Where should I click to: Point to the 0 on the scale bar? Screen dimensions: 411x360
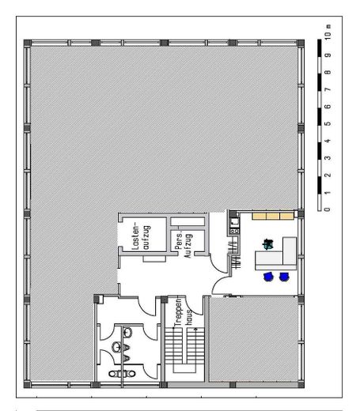(x=326, y=209)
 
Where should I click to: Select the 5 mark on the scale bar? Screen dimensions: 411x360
(x=326, y=123)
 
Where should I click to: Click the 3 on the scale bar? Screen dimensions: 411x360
(x=326, y=157)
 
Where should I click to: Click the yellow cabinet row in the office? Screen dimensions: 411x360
(x=271, y=215)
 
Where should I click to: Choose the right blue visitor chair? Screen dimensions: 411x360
(x=284, y=277)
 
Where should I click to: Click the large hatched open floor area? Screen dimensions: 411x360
(x=158, y=126)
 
